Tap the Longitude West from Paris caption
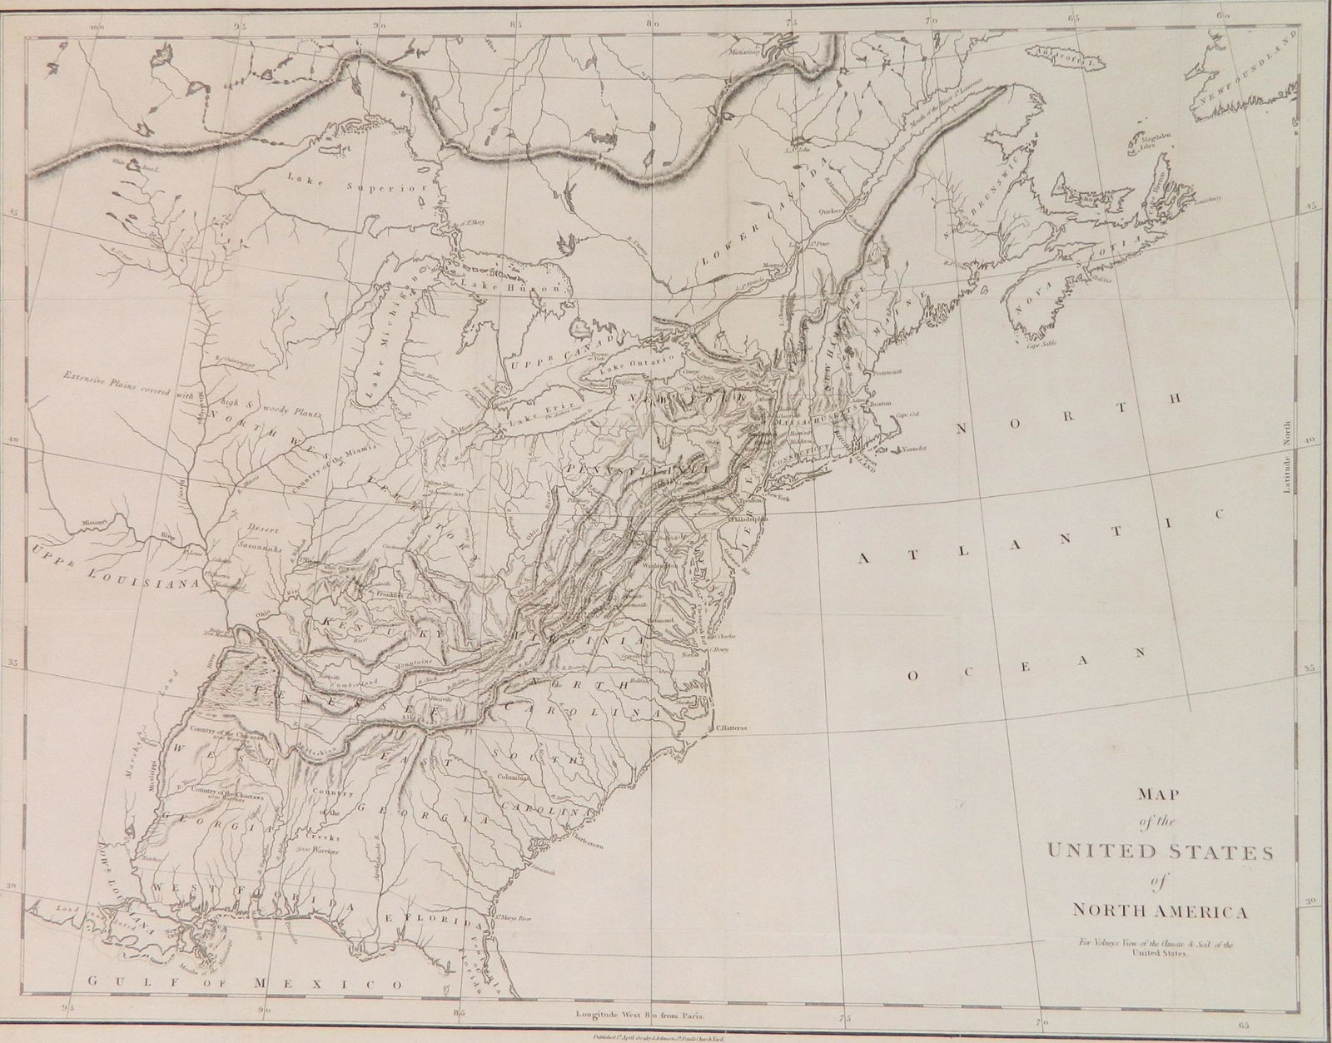point(639,1016)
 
